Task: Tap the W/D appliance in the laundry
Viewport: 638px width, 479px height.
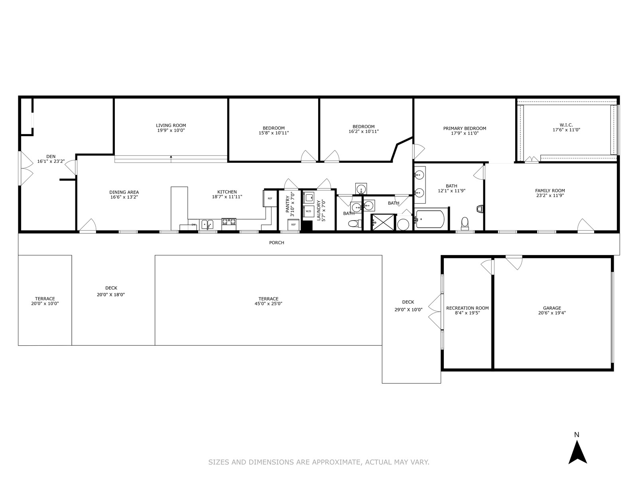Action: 308,211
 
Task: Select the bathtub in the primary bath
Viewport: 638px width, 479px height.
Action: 430,219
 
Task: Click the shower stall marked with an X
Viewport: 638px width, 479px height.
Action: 383,222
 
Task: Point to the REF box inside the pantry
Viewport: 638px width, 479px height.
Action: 293,224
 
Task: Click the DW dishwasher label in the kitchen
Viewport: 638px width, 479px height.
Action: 193,224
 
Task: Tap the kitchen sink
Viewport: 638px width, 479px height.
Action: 207,224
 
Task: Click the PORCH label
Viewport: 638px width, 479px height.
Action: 276,243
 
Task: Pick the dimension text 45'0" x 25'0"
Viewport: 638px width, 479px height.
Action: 268,304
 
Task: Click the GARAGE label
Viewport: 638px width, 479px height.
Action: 552,308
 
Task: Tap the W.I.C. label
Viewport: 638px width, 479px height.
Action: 566,125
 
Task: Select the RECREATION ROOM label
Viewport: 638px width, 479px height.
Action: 467,308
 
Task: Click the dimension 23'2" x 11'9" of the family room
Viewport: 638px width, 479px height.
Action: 550,196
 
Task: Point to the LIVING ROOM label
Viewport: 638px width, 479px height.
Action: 171,125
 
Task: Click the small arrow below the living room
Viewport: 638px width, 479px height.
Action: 171,157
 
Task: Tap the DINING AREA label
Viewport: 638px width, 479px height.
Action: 124,192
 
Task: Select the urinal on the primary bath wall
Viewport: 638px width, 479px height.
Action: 480,209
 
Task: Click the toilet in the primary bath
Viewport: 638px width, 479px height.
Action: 465,223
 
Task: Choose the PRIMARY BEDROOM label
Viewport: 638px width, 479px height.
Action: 465,128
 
